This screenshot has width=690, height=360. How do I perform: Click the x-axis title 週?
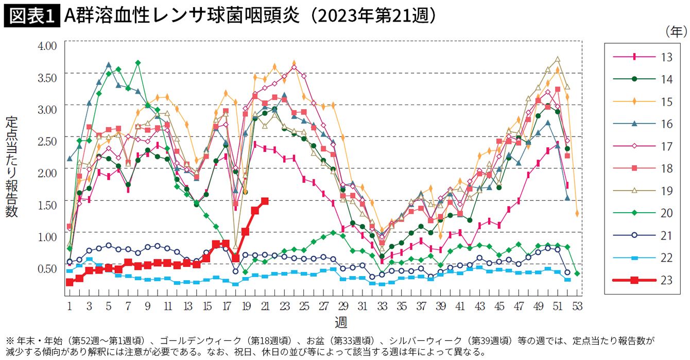coord(341,323)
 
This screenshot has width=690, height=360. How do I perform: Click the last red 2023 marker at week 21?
coord(265,201)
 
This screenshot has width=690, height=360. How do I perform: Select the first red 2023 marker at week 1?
coord(70,282)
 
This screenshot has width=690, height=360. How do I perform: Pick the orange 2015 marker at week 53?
coord(577,213)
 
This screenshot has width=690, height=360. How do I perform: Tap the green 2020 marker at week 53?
coord(577,273)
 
